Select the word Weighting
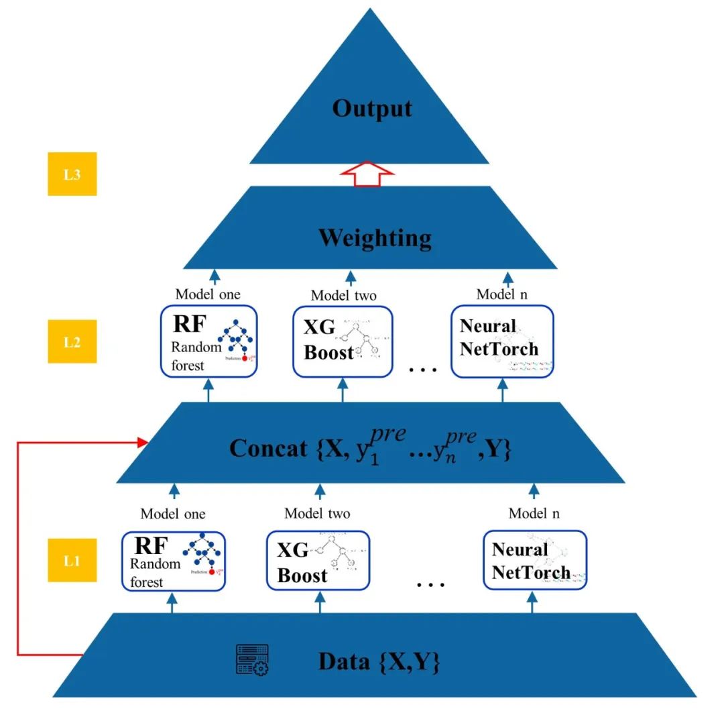(x=375, y=238)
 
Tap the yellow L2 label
(x=72, y=341)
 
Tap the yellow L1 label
(x=72, y=560)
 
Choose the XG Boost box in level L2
(x=343, y=341)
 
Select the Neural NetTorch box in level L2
(x=502, y=341)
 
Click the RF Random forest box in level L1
(x=173, y=560)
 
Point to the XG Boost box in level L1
(x=318, y=560)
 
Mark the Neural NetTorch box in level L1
(x=535, y=560)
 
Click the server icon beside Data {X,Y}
(x=252, y=660)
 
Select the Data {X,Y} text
(x=379, y=662)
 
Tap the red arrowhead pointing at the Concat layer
(x=142, y=441)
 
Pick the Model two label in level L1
(x=317, y=514)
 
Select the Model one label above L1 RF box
(x=173, y=514)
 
